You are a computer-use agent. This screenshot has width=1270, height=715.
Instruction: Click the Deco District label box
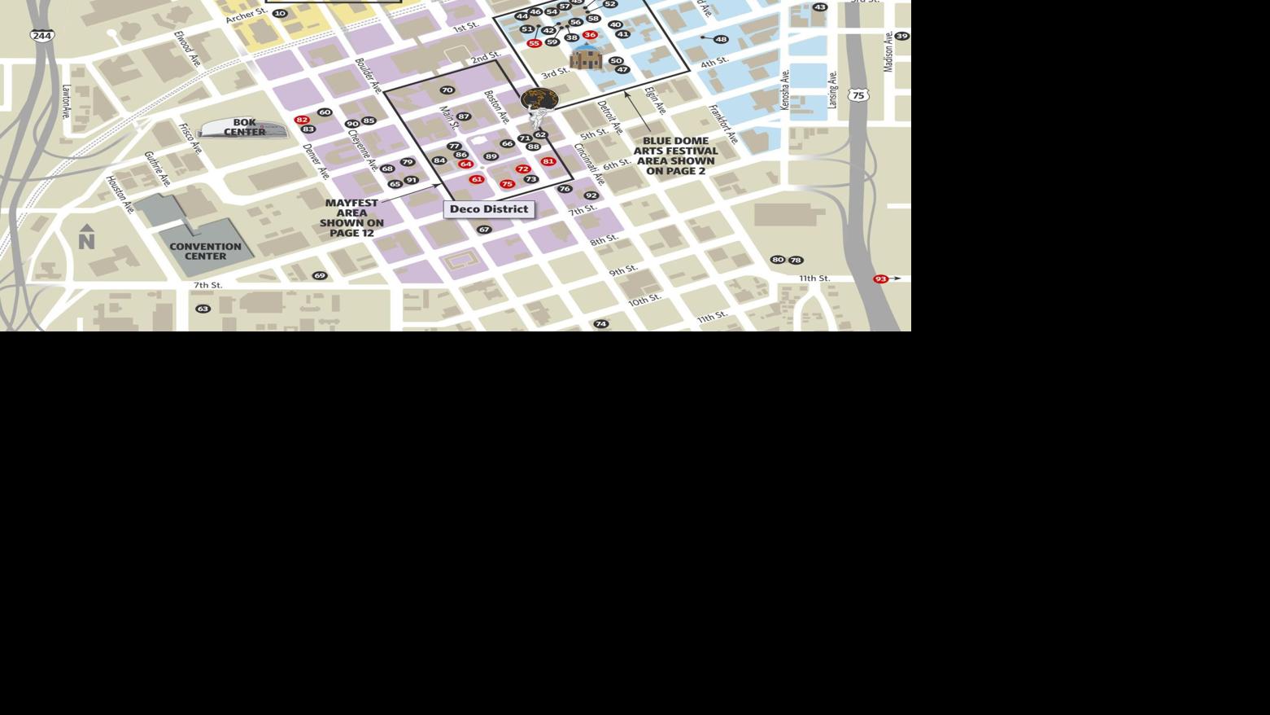coord(489,209)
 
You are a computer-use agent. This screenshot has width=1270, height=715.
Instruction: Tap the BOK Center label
coord(244,128)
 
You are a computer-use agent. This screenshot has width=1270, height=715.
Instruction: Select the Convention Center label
coord(205,251)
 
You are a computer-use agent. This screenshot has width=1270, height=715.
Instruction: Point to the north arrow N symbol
coord(86,237)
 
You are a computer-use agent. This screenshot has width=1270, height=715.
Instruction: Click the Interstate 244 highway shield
coord(42,36)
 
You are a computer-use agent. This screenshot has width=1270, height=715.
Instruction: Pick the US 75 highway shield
coord(858,95)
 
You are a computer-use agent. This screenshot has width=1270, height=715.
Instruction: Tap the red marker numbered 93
coord(880,279)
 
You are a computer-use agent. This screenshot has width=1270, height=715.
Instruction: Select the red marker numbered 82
coord(302,120)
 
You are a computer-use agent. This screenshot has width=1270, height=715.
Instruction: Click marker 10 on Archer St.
coord(280,13)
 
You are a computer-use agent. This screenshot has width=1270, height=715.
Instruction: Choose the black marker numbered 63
coord(203,309)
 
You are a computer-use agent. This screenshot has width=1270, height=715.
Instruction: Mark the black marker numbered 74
coord(600,324)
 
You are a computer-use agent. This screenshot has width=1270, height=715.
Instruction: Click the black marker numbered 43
coord(819,7)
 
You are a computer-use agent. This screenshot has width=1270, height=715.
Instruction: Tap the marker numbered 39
coord(901,36)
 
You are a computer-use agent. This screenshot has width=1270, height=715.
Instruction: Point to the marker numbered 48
coord(721,39)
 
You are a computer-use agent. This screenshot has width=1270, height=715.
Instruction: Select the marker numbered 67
coord(484,230)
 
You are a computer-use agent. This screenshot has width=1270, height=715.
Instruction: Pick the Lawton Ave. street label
coord(66,102)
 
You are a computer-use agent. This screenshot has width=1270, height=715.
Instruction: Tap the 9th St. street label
coord(623,270)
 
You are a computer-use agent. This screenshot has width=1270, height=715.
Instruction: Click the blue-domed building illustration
coord(586,56)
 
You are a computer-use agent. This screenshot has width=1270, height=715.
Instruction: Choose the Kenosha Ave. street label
coord(785,90)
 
